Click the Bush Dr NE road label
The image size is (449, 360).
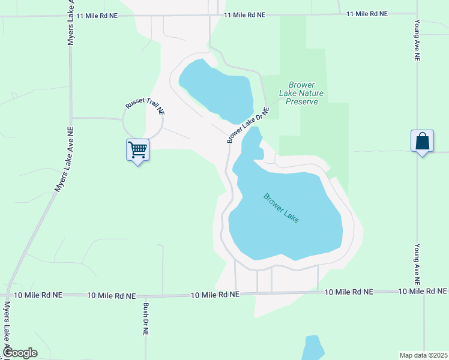click(x=146, y=319)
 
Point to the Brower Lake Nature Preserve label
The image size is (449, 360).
click(x=301, y=93)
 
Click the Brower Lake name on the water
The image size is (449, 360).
click(x=281, y=208)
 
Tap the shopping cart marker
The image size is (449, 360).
click(x=138, y=150)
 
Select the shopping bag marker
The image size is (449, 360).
click(x=423, y=142)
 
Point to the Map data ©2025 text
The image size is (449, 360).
click(x=423, y=355)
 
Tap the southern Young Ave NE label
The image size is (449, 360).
click(x=417, y=264)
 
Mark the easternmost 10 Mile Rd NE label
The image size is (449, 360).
click(x=424, y=291)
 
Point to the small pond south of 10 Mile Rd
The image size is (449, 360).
click(x=313, y=348)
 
